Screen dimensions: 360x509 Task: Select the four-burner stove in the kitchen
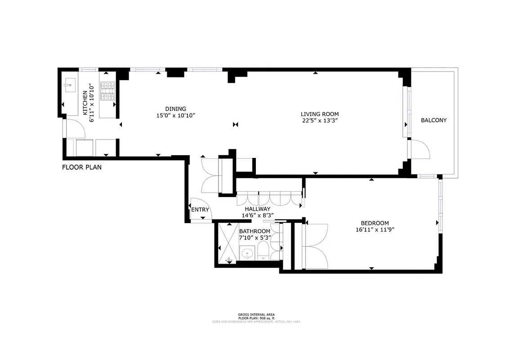pyautogui.click(x=108, y=91)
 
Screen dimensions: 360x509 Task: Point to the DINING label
pyautogui.click(x=175, y=108)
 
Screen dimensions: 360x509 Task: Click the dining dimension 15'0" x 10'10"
pyautogui.click(x=175, y=116)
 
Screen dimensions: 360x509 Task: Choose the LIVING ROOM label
pyautogui.click(x=320, y=114)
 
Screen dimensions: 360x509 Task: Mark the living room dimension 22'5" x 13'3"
pyautogui.click(x=320, y=121)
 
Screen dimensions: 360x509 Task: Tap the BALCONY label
pyautogui.click(x=433, y=120)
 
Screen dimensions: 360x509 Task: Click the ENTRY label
pyautogui.click(x=200, y=210)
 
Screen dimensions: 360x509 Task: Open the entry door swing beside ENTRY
pyautogui.click(x=198, y=209)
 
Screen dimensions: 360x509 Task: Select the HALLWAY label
pyautogui.click(x=257, y=209)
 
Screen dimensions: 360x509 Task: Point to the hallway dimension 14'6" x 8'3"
pyautogui.click(x=258, y=216)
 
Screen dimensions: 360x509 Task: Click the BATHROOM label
pyautogui.click(x=255, y=231)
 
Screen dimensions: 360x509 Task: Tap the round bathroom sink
pyautogui.click(x=246, y=254)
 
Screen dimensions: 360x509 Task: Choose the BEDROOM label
pyautogui.click(x=375, y=223)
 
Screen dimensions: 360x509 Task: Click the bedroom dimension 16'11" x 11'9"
pyautogui.click(x=375, y=229)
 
